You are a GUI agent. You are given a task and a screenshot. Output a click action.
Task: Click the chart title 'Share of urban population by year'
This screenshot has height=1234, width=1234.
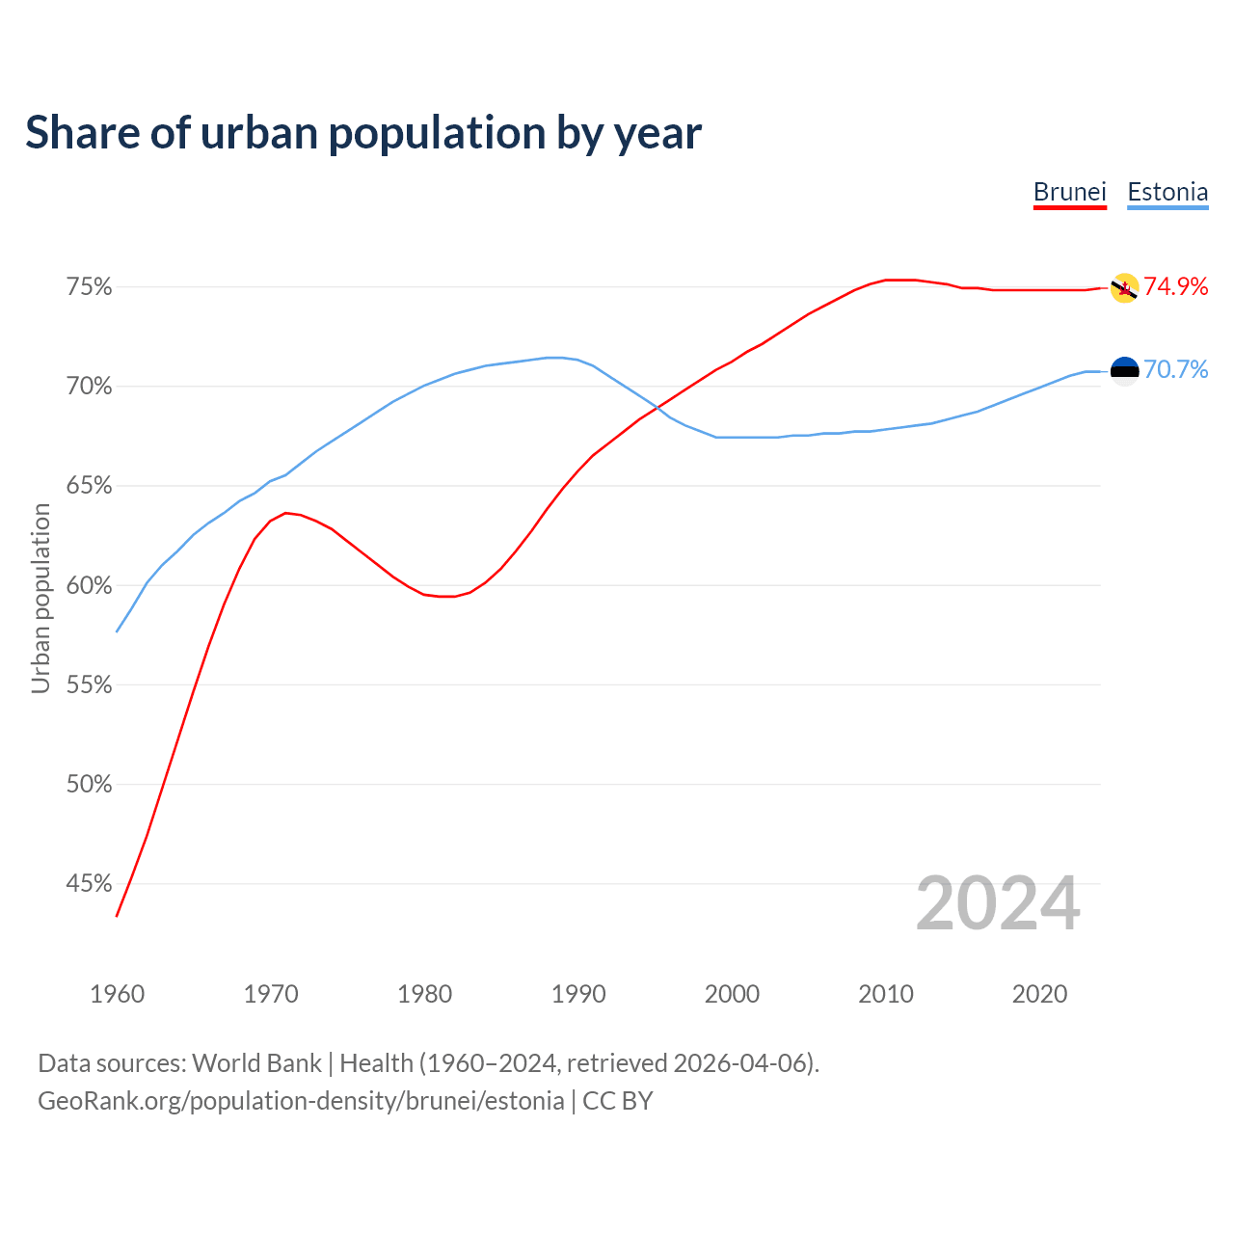coord(363,133)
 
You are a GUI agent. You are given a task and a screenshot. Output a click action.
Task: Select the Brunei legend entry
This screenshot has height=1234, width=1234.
coord(1069,192)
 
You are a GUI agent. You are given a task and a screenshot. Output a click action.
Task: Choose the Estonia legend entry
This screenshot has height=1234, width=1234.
coord(1167,192)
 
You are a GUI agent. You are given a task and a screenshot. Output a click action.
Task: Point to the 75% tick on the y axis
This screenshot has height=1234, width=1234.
coord(89,287)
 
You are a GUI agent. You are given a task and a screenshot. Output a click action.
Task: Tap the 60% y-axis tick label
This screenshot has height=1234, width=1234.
coord(89,585)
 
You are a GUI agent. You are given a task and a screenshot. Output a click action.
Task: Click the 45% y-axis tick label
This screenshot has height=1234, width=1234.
coord(89,883)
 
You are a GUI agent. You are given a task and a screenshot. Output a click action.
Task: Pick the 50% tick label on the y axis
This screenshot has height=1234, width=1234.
coord(89,784)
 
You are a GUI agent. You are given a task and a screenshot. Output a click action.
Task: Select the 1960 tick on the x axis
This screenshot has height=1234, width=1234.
coord(117,994)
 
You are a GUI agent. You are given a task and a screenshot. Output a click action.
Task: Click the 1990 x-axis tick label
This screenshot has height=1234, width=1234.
coord(578,994)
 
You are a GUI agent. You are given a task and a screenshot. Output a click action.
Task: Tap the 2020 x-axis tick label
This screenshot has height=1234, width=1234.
coord(1039,994)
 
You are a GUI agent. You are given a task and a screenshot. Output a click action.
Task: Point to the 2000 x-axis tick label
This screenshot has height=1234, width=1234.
coord(732,994)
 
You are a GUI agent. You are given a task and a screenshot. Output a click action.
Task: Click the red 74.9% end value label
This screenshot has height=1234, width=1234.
coord(1175,286)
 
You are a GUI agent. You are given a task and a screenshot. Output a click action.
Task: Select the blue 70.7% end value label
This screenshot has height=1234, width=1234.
coord(1175,369)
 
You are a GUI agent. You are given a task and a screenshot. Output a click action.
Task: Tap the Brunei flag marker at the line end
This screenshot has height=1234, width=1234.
coord(1124,287)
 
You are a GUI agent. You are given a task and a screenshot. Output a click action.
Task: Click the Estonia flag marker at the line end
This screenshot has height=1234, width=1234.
coord(1124,370)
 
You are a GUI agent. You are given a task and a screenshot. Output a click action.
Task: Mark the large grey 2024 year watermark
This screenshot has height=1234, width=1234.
coord(998,903)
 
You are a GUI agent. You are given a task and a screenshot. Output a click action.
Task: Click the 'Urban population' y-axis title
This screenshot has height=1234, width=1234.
coord(40,598)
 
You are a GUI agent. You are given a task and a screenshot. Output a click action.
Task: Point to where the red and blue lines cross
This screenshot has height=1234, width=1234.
coord(661,410)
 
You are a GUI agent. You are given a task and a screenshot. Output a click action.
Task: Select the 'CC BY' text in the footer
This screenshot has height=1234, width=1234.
coord(618,1101)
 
